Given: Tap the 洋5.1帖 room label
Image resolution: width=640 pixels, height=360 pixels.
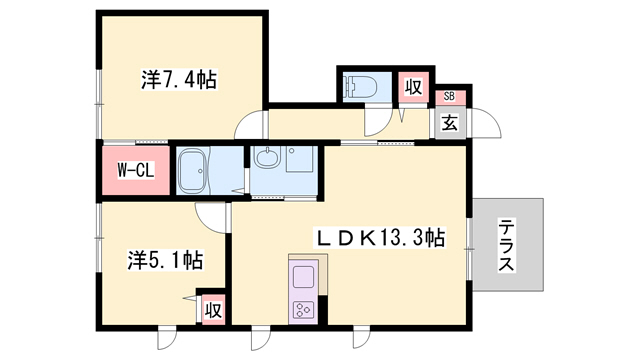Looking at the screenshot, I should tap(166, 260).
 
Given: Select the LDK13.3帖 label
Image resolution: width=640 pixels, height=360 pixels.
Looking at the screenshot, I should tap(379, 238).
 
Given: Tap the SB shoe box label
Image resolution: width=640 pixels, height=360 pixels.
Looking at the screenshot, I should tap(449, 97).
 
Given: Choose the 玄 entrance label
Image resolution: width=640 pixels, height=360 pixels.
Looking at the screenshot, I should tap(450, 123).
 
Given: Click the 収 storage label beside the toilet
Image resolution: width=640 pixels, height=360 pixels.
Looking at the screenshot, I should tap(413, 88).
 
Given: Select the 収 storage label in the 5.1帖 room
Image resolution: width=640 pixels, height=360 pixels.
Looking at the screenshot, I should tap(212, 310).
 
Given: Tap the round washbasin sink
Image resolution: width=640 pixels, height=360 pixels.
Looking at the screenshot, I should tap(268, 158).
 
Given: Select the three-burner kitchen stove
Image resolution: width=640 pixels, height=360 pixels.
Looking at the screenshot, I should tap(303, 307).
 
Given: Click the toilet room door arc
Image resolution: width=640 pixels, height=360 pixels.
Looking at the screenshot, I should tap(378, 120).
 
